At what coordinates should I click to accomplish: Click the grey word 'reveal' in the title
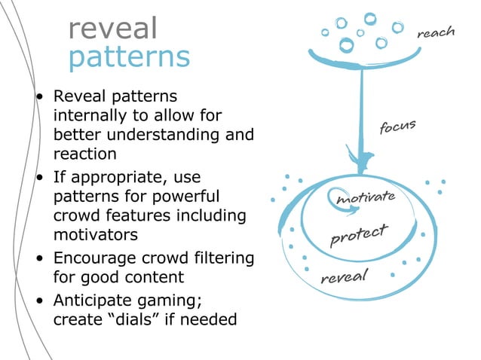pyautogui.click(x=112, y=29)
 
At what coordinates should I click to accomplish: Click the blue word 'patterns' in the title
pyautogui.click(x=129, y=57)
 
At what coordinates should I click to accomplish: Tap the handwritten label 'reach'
pyautogui.click(x=436, y=32)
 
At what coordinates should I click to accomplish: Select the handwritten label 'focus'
pyautogui.click(x=397, y=127)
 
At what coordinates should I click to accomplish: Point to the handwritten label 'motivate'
pyautogui.click(x=365, y=198)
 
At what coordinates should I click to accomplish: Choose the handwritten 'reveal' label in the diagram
pyautogui.click(x=343, y=276)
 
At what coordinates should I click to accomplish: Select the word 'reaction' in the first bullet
pyautogui.click(x=85, y=154)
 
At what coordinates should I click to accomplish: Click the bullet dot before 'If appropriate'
pyautogui.click(x=40, y=178)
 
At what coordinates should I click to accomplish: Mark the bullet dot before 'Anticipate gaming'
pyautogui.click(x=40, y=301)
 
